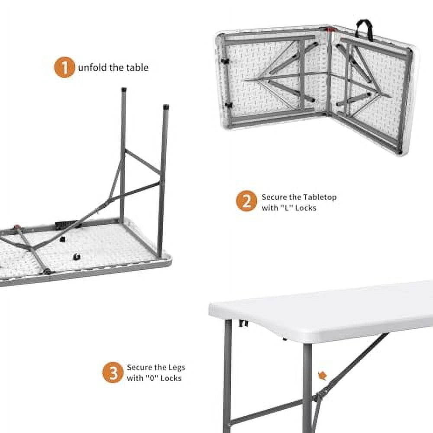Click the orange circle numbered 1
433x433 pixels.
[65, 68]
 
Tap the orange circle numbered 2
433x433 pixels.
[246, 201]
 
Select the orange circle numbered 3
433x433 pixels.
[113, 372]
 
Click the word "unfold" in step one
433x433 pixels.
[90, 68]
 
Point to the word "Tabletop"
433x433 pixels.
[319, 197]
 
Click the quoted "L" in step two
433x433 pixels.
[286, 208]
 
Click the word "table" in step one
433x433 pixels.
[137, 68]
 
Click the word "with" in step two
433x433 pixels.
[270, 208]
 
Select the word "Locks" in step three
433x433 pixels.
[171, 378]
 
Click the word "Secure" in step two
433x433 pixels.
[274, 197]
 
